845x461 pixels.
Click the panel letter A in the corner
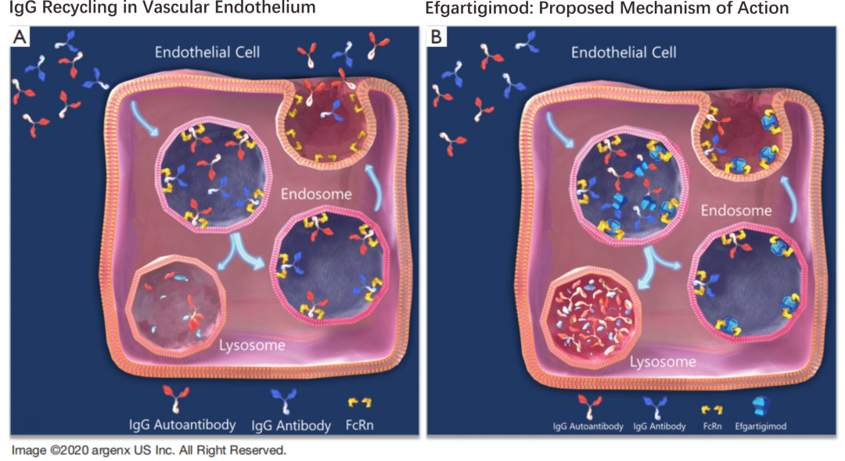coord(17,37)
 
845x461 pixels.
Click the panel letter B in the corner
coord(436,37)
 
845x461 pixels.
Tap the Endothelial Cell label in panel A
coord(207,53)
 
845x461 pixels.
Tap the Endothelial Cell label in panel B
coord(624,53)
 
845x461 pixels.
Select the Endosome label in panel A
coord(317,195)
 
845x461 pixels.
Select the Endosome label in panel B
coord(736,210)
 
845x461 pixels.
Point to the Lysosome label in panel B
coord(663,362)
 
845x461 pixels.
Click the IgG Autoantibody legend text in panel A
coord(182,425)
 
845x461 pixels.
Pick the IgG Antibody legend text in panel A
coord(291,426)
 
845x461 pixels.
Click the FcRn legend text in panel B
coord(713,427)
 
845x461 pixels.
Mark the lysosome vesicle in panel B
coord(595,314)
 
